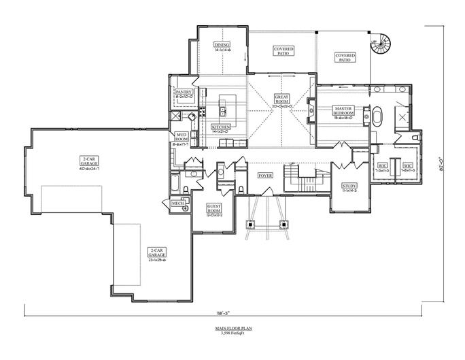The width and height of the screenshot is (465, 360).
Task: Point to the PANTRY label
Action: [184, 92]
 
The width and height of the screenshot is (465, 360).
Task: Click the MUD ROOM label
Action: [182, 137]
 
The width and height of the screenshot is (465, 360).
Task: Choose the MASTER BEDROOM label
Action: [343, 111]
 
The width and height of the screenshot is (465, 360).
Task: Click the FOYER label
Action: [265, 176]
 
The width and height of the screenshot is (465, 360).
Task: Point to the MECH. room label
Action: [178, 203]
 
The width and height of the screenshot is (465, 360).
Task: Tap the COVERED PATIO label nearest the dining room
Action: [283, 51]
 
